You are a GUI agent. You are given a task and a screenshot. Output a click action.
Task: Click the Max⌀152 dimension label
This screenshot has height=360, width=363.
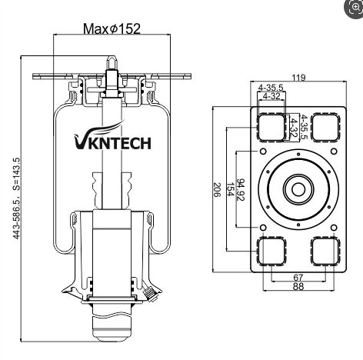pos(112,28)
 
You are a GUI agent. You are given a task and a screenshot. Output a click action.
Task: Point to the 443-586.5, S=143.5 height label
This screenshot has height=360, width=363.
pos(16,198)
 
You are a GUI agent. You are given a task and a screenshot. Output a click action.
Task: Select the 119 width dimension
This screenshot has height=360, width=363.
pos(298,77)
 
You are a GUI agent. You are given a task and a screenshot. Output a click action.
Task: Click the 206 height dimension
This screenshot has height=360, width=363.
pos(217,190)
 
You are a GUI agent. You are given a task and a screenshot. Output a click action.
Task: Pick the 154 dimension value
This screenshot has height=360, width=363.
pos(230,190)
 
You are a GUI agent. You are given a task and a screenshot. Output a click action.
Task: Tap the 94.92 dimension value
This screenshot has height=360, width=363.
pos(241,190)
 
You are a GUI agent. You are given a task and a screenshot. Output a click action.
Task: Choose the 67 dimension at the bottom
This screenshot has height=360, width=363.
pos(298,278)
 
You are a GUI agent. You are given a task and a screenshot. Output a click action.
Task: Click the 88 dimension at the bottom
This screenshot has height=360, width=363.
pos(298,286)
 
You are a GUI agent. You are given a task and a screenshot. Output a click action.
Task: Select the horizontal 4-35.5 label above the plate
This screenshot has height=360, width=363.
pos(271,88)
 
